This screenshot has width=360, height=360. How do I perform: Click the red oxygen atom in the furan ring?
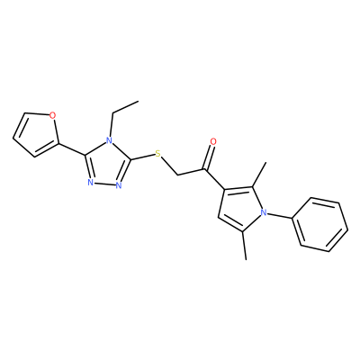click(x=52, y=115)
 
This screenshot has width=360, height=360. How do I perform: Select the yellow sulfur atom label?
click(x=158, y=155)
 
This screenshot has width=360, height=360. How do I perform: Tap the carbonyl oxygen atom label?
click(x=213, y=141)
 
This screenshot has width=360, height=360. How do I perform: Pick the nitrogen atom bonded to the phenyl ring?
click(x=264, y=212)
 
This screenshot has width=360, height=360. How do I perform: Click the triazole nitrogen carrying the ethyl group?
click(x=109, y=140)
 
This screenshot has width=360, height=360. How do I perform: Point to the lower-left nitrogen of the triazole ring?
click(x=90, y=183)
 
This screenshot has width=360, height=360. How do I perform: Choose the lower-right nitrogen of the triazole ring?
click(x=119, y=185)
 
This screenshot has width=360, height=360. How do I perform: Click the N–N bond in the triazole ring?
click(x=104, y=184)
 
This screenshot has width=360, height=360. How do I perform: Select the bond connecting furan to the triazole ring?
click(x=71, y=149)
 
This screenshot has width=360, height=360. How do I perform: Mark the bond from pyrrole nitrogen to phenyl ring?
click(x=280, y=215)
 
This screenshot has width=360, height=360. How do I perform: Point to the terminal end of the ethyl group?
click(x=139, y=101)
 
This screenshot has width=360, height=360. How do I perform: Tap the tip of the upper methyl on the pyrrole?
click(x=266, y=162)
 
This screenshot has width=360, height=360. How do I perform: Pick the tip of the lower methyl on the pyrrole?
click(x=247, y=259)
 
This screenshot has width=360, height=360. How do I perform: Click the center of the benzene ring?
click(x=320, y=224)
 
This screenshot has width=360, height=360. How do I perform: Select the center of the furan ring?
click(x=34, y=134)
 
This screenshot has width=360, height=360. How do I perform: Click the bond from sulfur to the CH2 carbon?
click(x=169, y=166)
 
